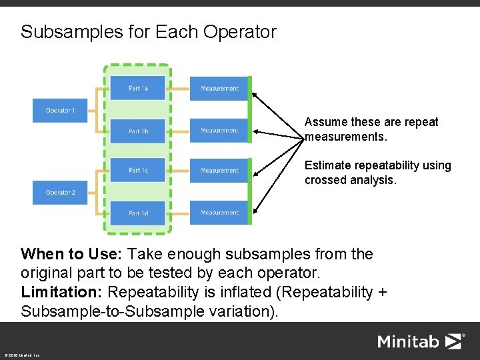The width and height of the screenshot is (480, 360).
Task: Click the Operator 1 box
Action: click(x=60, y=110)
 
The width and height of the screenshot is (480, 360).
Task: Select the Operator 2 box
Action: click(x=60, y=193)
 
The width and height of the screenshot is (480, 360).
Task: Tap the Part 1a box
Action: click(x=138, y=88)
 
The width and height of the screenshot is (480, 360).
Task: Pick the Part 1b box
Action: click(x=138, y=131)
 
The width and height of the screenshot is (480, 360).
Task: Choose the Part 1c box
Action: click(x=138, y=171)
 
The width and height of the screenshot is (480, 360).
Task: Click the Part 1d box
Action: click(x=138, y=213)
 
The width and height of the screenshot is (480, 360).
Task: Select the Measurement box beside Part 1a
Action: click(x=219, y=88)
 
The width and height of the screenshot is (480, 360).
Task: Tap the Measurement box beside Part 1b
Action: click(x=219, y=131)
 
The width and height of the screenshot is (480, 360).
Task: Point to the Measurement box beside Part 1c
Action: click(x=219, y=171)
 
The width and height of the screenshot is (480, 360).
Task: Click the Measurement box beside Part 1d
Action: click(x=219, y=213)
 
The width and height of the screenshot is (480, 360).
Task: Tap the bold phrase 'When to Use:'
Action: click(x=72, y=254)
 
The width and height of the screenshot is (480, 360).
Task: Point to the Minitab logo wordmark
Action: click(x=409, y=342)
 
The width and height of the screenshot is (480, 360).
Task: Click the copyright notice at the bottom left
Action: click(x=21, y=355)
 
